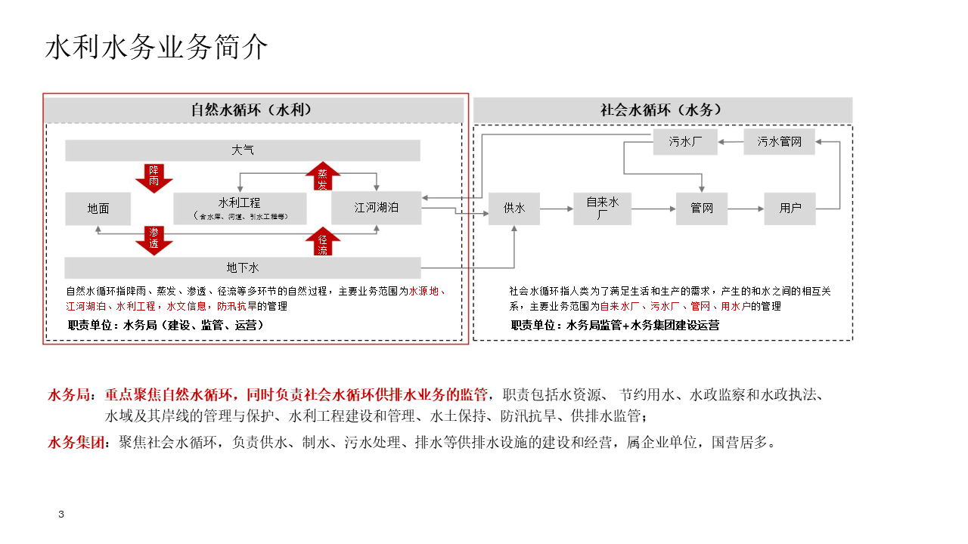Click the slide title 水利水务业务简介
(x=157, y=47)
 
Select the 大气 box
(x=242, y=150)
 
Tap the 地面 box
(x=98, y=208)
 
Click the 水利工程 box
(x=240, y=208)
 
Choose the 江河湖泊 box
(x=376, y=207)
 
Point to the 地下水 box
(x=242, y=267)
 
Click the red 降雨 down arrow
(x=154, y=177)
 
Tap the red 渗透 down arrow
(x=154, y=240)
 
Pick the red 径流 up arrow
(x=323, y=241)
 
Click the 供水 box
(x=514, y=208)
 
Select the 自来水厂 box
(x=602, y=208)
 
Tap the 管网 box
(x=701, y=208)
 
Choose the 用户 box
(x=790, y=208)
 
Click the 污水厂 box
(x=685, y=141)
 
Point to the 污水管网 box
(x=779, y=141)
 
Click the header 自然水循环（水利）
(x=253, y=110)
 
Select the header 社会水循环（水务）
(x=662, y=110)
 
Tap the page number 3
(x=61, y=515)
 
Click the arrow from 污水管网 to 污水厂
(x=730, y=141)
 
